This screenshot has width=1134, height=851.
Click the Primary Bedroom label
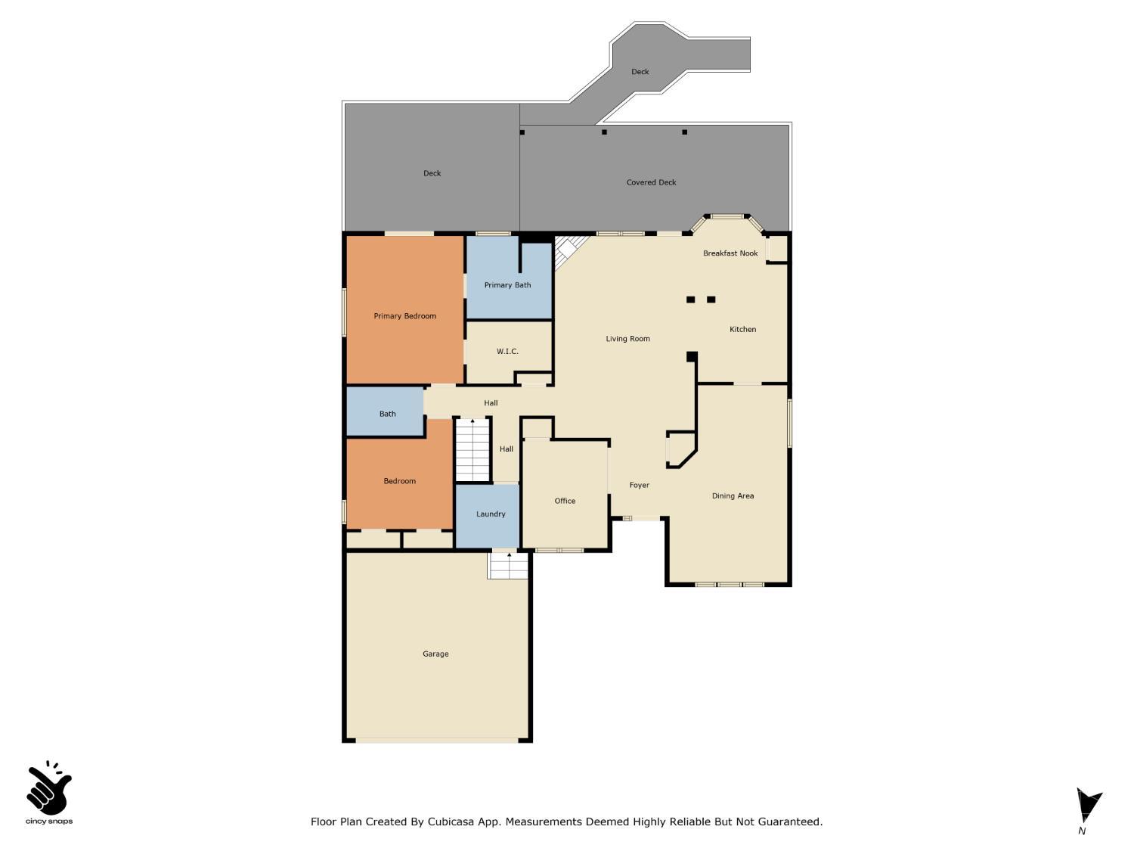click(x=404, y=316)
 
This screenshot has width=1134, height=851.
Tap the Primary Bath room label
click(x=507, y=285)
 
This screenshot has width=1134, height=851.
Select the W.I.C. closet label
click(x=507, y=352)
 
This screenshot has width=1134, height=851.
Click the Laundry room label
click(x=491, y=514)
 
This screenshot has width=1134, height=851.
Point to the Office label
click(x=565, y=501)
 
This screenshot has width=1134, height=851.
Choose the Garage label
click(x=435, y=654)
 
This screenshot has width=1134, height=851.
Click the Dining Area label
click(x=733, y=496)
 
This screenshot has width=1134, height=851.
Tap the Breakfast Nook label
click(x=730, y=253)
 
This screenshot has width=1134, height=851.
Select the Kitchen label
click(x=742, y=330)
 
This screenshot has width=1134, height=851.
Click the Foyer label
click(x=639, y=486)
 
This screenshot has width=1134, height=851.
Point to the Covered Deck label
click(x=651, y=182)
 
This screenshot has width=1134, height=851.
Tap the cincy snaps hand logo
click(x=49, y=789)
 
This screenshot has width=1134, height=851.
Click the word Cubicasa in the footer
click(x=457, y=821)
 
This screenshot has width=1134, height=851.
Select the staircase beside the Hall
click(x=472, y=450)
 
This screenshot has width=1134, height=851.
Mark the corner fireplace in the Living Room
click(x=570, y=250)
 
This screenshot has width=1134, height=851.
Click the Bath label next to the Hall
click(x=387, y=414)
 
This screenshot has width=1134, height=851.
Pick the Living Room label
click(x=627, y=339)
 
